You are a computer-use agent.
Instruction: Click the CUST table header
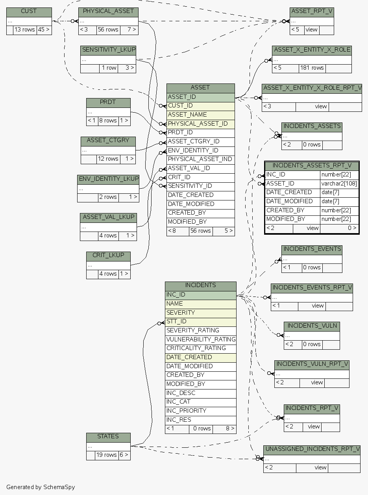[x=29, y=11]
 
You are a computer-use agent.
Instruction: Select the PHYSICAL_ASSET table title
[x=108, y=11]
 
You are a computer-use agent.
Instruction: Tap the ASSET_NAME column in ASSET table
[x=200, y=115]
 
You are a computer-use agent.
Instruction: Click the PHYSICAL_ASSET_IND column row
[x=200, y=159]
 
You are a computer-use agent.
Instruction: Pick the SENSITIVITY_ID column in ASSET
[x=200, y=186]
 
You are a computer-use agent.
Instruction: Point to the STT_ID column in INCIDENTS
[x=200, y=322]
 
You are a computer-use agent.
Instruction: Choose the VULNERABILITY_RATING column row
[x=201, y=339]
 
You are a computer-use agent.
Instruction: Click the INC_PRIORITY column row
[x=200, y=411]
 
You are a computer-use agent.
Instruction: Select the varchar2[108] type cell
[x=339, y=184]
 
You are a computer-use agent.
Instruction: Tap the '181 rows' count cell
[x=312, y=68]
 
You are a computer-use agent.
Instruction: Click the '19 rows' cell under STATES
[x=106, y=455]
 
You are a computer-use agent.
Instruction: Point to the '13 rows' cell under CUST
[x=25, y=30]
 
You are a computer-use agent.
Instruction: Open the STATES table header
[x=108, y=437]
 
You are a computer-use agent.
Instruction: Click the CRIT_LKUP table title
[x=108, y=256]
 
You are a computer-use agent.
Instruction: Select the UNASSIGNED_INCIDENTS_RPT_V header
[x=312, y=449]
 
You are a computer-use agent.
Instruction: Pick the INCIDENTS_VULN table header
[x=312, y=326]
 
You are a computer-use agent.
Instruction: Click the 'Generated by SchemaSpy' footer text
[x=41, y=487]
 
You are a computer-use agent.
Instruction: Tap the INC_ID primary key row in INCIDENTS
[x=200, y=295]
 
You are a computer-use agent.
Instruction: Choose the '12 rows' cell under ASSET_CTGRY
[x=108, y=159]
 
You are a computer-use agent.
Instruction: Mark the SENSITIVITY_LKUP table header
[x=108, y=50]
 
